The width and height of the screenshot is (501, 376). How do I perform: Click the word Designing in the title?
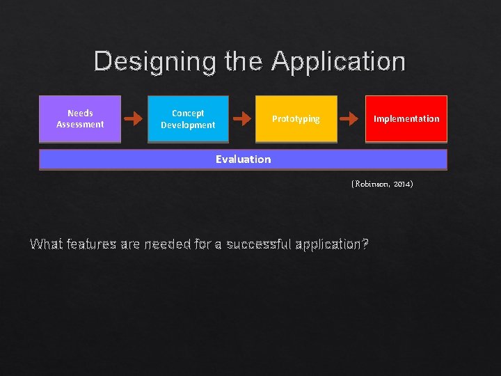[x=155, y=61]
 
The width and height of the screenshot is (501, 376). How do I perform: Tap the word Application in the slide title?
[x=338, y=61]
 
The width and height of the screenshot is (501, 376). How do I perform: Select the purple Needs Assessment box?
[x=80, y=119]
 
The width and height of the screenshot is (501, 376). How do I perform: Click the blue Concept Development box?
[x=188, y=119]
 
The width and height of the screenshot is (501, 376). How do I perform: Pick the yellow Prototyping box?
[x=296, y=119]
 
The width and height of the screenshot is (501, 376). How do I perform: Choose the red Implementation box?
[x=406, y=119]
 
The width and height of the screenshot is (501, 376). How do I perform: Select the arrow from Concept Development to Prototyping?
[x=242, y=119]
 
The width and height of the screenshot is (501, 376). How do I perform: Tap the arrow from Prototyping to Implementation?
[x=348, y=119]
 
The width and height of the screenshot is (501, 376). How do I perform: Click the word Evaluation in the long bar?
[x=243, y=159]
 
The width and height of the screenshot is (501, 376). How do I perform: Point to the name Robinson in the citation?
[x=373, y=185]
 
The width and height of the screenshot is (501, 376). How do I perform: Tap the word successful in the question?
[x=257, y=244]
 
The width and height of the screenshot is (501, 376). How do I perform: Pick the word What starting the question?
[x=45, y=244]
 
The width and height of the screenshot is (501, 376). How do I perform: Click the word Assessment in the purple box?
[x=80, y=125]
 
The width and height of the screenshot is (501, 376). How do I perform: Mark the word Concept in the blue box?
[x=188, y=113]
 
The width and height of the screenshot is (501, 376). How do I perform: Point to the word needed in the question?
[x=166, y=244]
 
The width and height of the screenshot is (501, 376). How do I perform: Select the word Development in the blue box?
[x=188, y=125]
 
